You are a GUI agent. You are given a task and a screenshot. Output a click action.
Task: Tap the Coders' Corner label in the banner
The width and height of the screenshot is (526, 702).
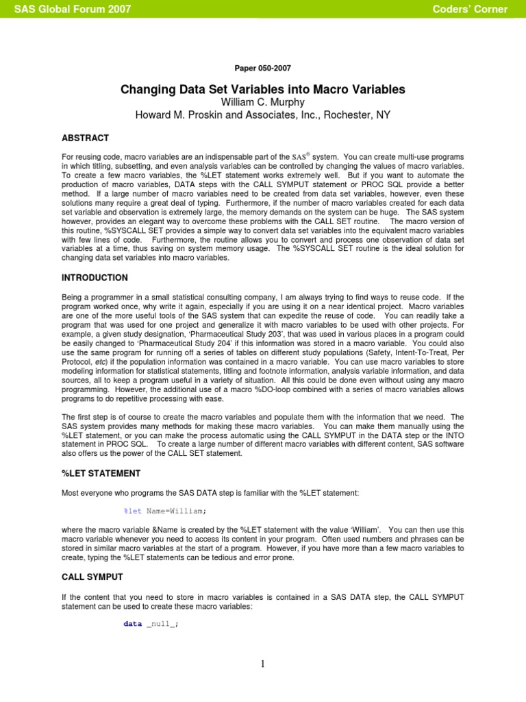(x=470, y=9)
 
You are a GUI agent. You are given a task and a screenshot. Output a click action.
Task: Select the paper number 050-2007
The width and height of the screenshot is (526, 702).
(x=263, y=69)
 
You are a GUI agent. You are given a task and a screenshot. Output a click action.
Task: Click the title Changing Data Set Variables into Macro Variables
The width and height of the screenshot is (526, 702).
(x=263, y=90)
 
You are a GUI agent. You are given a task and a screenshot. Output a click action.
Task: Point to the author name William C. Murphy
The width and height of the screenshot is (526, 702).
(x=263, y=102)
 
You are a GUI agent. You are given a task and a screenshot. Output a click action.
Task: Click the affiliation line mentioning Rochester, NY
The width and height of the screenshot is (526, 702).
(x=263, y=114)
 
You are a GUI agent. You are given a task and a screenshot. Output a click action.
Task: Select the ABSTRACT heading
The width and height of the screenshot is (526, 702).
(x=85, y=138)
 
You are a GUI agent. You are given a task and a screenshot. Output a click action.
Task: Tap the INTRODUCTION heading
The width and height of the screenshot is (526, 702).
(x=95, y=278)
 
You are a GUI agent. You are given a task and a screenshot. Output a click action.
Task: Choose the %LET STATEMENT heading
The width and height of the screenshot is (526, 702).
(x=101, y=473)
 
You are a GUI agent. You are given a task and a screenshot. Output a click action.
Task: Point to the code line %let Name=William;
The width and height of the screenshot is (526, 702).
(x=164, y=511)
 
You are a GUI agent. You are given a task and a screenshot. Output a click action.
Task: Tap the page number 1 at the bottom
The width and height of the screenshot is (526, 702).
(x=263, y=664)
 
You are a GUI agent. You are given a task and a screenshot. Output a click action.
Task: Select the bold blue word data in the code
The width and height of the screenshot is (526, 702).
(x=132, y=624)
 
